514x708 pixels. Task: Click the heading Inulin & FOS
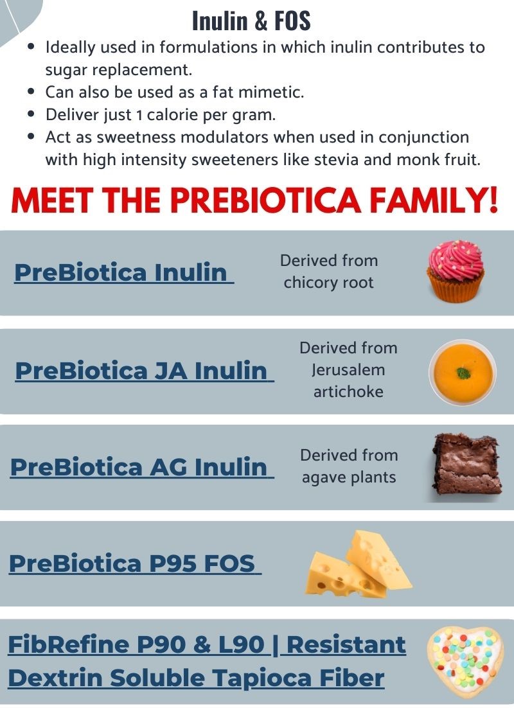pos(251,21)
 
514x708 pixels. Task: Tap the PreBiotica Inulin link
pos(122,272)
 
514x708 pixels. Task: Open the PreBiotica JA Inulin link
pos(143,371)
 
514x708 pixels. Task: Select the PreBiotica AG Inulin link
pos(140,467)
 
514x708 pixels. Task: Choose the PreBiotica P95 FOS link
pos(133,563)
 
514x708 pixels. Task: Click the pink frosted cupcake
pos(455,271)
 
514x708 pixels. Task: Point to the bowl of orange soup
pos(462,372)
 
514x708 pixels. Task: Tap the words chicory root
pos(328,283)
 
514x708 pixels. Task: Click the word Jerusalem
pos(348,370)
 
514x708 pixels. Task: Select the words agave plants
pos(348,477)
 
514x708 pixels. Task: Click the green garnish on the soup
pos(461,372)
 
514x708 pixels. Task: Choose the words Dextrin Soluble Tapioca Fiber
pos(196,678)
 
